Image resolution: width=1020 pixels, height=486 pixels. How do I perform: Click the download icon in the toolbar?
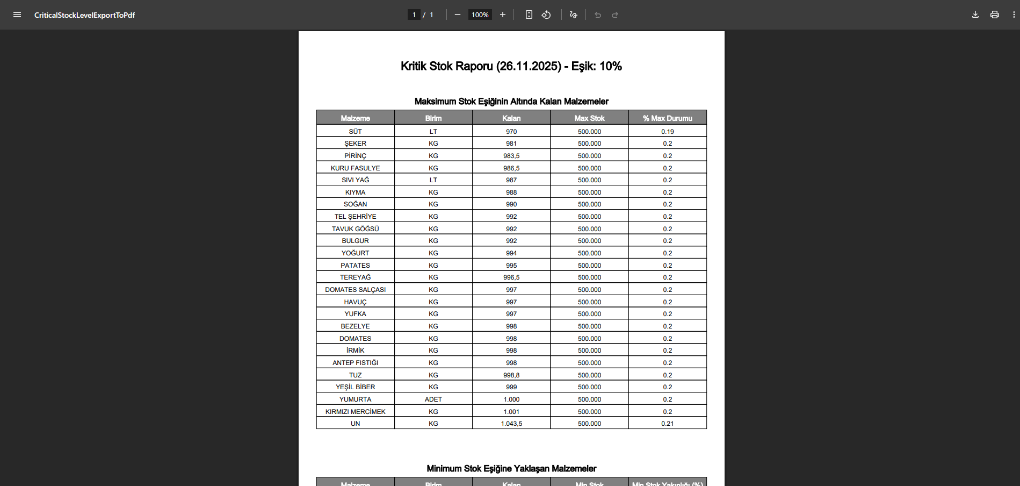coord(975,15)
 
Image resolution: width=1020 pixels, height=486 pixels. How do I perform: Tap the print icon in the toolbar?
coord(994,15)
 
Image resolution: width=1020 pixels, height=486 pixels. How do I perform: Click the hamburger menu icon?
coord(17,15)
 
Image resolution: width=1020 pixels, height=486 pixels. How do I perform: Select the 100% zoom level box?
coord(480,15)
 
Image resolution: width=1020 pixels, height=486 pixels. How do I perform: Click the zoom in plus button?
coord(503,15)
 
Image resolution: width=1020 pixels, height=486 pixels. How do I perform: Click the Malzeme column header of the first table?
coord(355,118)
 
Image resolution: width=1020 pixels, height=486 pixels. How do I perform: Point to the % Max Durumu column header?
coord(667,118)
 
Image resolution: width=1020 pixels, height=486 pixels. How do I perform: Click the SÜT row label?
coord(355,132)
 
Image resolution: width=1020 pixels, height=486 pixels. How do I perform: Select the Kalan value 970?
coord(511,132)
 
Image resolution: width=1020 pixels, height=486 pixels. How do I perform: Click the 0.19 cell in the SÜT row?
coord(667,132)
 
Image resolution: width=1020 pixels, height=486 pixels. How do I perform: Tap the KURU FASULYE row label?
coord(355,168)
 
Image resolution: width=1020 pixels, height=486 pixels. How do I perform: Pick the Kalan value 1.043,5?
coord(511,424)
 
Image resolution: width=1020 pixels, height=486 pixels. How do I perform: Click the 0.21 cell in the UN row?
coord(667,424)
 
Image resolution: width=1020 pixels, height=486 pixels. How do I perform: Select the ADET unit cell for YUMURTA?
coord(433,399)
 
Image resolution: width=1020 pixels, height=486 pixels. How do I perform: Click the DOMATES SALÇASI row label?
coord(355,290)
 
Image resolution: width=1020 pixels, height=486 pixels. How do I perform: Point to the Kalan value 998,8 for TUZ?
coord(511,375)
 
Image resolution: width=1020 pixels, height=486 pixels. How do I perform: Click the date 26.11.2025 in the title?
coord(529,66)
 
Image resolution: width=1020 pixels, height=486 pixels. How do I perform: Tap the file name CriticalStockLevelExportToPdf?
coord(84,15)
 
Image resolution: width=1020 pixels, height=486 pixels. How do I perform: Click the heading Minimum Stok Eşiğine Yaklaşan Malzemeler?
coord(511,469)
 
